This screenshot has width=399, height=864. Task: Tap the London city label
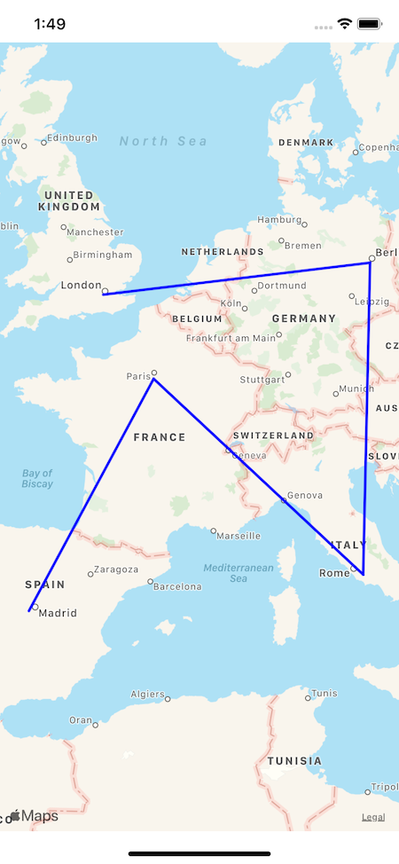82,285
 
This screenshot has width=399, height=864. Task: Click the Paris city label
138,376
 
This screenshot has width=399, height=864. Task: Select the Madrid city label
58,613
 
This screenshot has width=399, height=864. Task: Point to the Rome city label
334,573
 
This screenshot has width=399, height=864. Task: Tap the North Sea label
163,141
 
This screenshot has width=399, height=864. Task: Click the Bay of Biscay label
37,479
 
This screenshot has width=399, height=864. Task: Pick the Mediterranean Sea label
238,572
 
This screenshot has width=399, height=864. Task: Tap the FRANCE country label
160,437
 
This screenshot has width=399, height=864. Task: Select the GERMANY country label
304,318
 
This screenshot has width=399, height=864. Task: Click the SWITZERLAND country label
273,436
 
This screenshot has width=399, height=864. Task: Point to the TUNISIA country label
294,761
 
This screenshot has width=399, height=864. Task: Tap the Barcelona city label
178,586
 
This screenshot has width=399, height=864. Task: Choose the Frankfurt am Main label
231,338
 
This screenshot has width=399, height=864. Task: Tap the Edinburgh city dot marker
43,139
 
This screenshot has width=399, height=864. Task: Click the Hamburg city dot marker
304,224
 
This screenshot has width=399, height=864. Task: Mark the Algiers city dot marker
168,699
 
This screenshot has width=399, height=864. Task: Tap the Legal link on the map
373,817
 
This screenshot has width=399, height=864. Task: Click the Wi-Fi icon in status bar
345,24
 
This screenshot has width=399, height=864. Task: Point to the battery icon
370,24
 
